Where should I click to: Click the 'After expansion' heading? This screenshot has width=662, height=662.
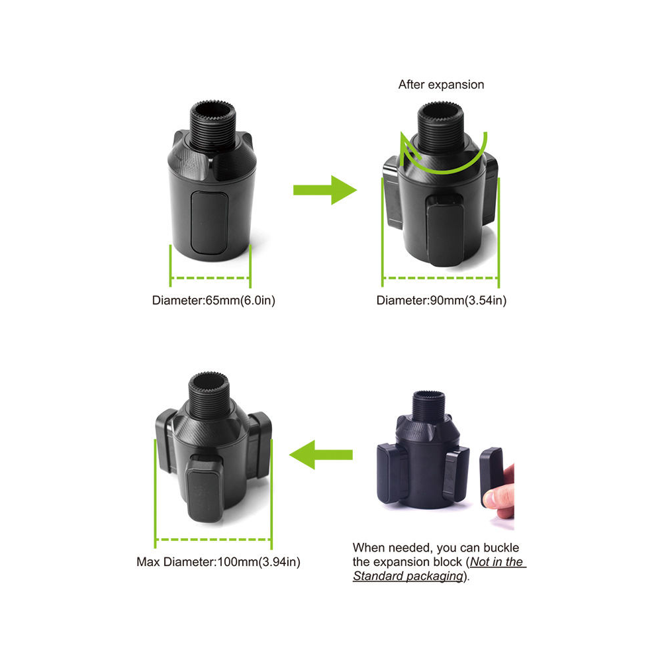(x=441, y=85)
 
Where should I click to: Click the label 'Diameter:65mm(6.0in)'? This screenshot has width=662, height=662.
(x=214, y=301)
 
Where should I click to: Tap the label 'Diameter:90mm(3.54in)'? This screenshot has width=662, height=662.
(x=441, y=301)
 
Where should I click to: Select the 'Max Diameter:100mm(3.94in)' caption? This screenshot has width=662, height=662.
(x=218, y=562)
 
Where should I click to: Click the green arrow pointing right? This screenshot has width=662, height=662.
(x=324, y=190)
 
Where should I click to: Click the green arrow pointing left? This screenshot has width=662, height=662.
(x=321, y=455)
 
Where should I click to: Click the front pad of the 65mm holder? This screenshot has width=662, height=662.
(x=209, y=222)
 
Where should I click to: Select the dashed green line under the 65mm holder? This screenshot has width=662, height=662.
(x=211, y=278)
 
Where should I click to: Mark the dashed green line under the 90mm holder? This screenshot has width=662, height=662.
(x=440, y=278)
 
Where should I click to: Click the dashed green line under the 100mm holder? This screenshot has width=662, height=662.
(x=213, y=540)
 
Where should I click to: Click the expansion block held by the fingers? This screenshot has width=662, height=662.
(x=491, y=477)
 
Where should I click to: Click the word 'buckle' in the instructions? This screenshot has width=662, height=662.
(x=501, y=548)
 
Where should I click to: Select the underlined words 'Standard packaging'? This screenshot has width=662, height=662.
(x=408, y=577)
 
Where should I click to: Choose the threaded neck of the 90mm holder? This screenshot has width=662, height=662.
(x=440, y=126)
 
